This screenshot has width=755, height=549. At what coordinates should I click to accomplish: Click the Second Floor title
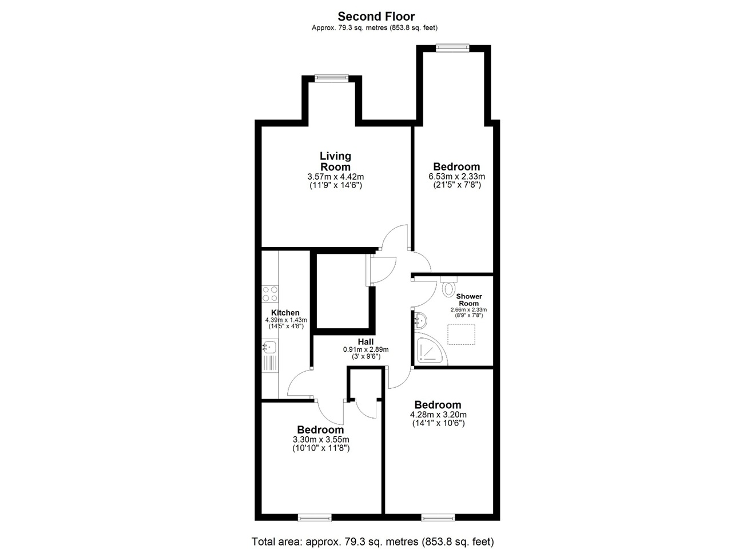(376, 17)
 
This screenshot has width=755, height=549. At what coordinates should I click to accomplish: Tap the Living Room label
(335, 161)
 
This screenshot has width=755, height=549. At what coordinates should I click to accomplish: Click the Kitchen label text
(285, 313)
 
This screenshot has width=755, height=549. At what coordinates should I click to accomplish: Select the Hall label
(365, 342)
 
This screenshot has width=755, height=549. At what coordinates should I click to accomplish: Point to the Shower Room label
(469, 300)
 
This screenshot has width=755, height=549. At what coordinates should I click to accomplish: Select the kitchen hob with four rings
(270, 294)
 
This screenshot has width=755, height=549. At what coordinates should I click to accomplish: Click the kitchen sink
(269, 347)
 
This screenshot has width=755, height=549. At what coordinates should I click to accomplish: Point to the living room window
(332, 78)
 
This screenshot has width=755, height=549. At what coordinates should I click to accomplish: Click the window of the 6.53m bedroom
(452, 48)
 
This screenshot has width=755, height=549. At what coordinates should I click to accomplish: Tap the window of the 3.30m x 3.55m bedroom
(315, 518)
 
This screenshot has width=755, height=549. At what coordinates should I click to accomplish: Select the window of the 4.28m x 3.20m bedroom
(438, 518)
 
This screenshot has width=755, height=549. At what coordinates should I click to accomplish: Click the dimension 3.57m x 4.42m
(335, 177)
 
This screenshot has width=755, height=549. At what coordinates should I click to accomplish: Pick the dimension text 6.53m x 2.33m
(456, 177)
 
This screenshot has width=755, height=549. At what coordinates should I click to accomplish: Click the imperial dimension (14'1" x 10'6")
(438, 424)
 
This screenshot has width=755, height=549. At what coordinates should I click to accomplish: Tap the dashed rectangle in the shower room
(461, 335)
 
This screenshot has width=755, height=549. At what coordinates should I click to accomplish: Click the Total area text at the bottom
(372, 541)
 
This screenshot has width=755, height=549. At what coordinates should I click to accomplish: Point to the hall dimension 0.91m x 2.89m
(365, 350)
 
